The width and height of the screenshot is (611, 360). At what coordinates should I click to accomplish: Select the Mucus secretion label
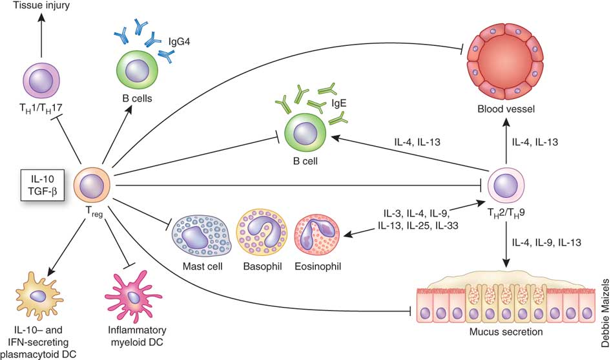[x=503, y=334]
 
